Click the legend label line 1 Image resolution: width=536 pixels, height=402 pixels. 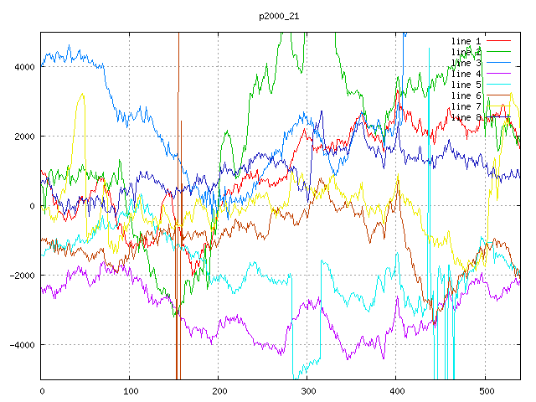tap(466, 41)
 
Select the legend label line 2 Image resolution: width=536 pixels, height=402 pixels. tap(466, 52)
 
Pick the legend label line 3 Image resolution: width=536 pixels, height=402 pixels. tap(466, 63)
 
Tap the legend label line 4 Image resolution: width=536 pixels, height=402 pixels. tap(466, 74)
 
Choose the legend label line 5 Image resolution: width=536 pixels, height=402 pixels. tap(466, 85)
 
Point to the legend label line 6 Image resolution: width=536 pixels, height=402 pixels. tap(466, 95)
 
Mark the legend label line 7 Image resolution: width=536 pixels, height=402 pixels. tap(466, 106)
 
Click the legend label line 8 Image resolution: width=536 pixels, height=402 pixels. tap(466, 117)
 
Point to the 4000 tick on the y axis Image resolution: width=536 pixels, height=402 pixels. tap(25, 67)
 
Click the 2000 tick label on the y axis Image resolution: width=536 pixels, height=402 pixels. tap(25, 137)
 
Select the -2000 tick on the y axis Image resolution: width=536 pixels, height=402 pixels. tap(23, 276)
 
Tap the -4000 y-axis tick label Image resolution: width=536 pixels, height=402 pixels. tap(23, 345)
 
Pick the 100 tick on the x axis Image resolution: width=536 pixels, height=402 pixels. tap(130, 390)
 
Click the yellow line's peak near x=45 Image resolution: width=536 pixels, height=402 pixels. tap(81, 95)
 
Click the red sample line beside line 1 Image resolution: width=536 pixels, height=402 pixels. tap(499, 41)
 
